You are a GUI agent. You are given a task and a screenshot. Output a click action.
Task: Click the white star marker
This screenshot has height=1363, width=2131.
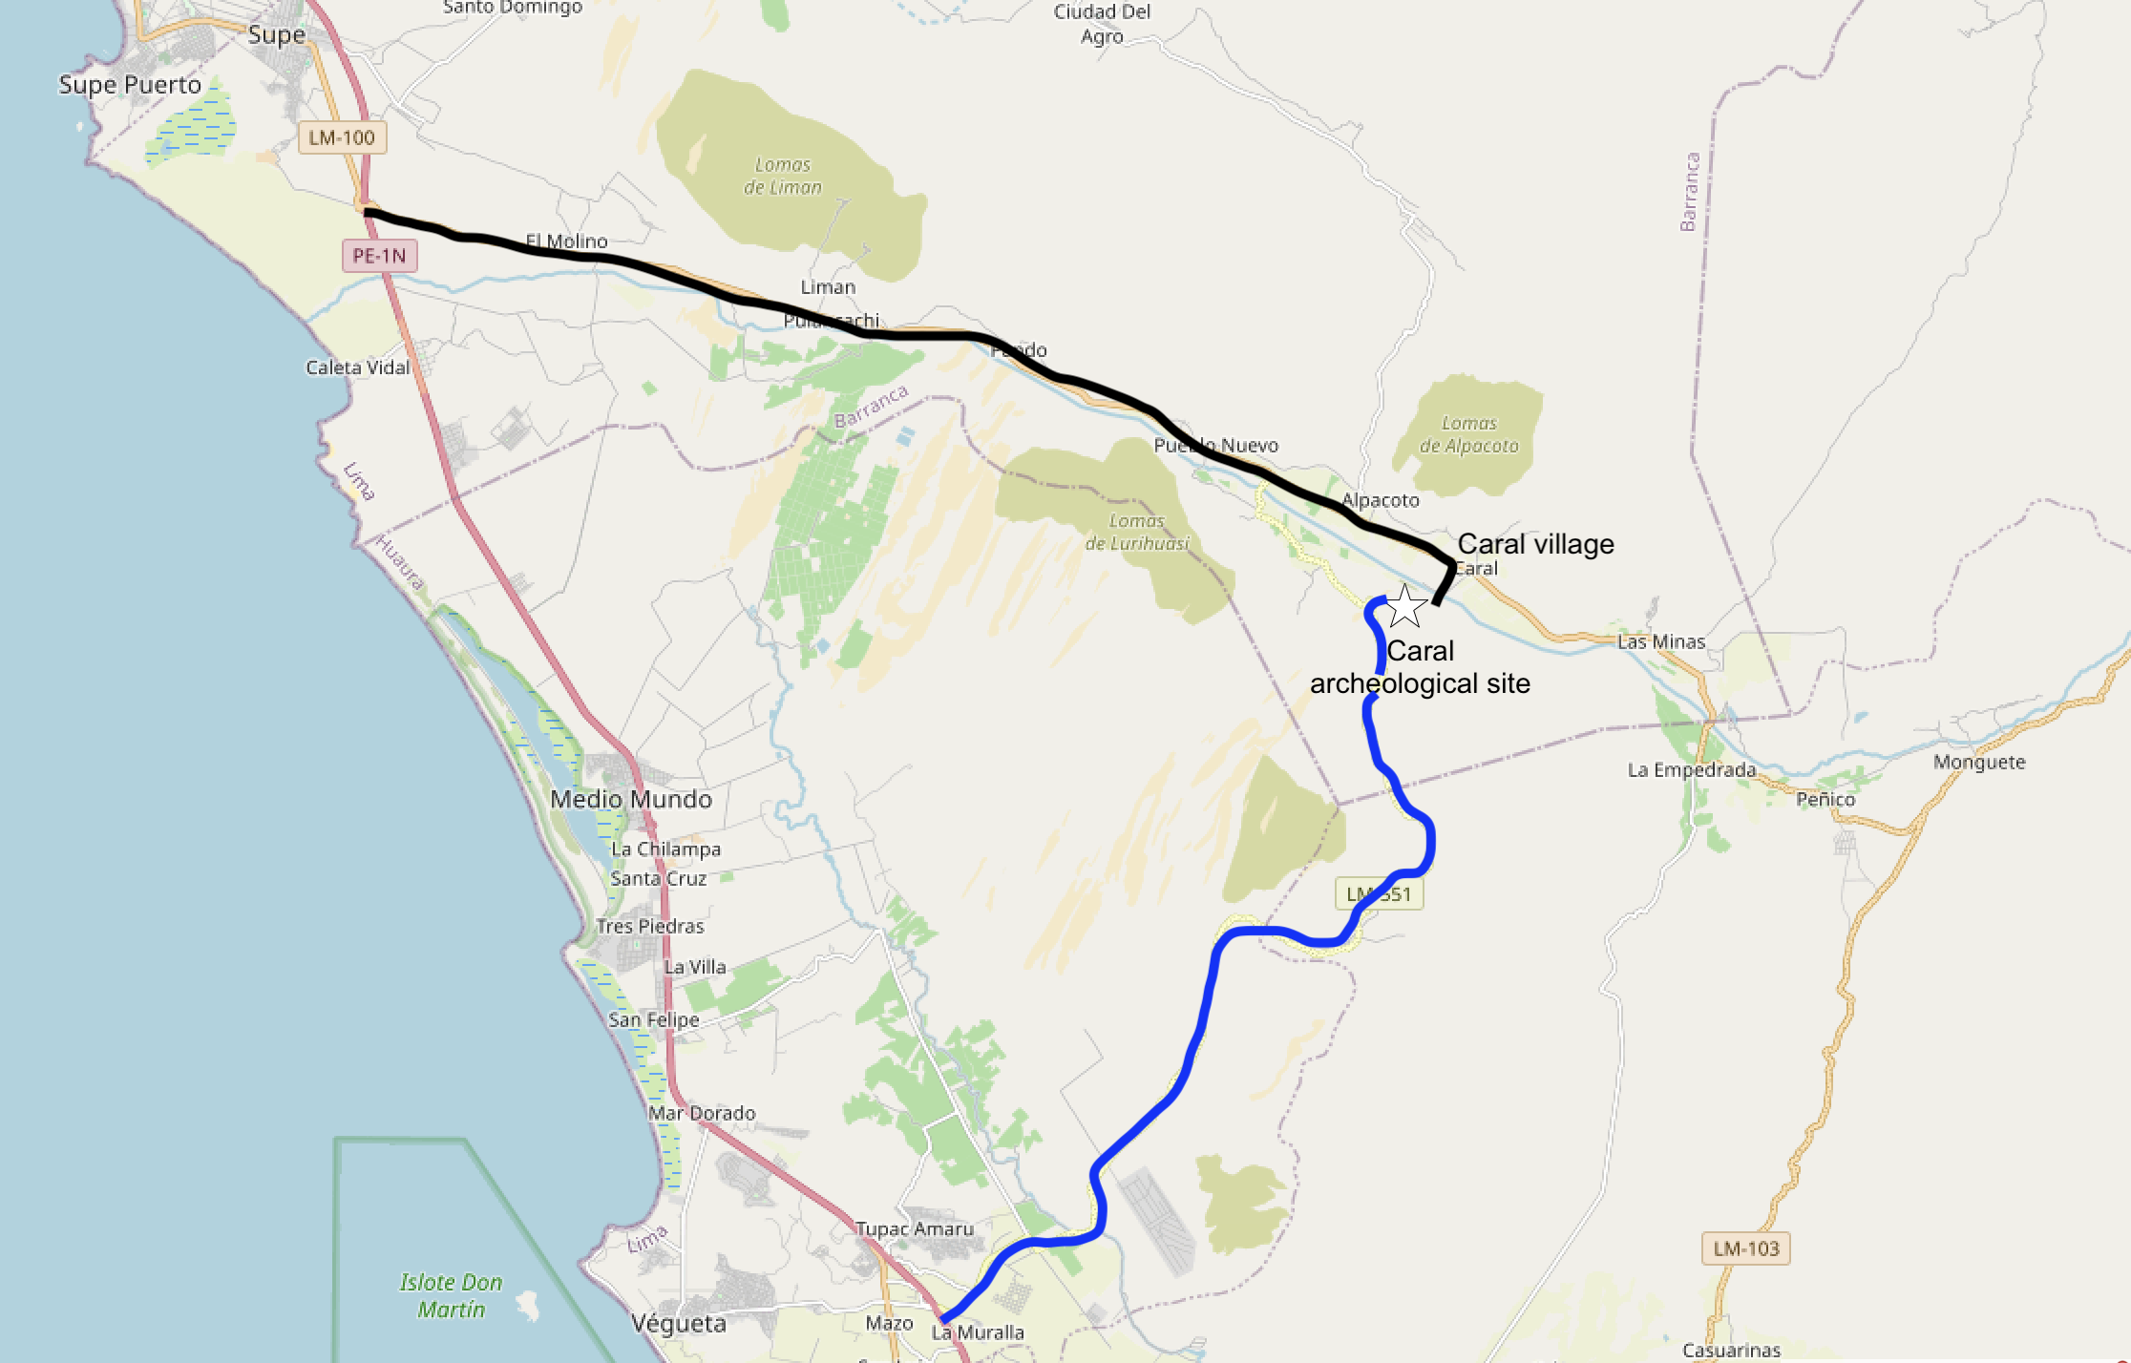[x=1404, y=606]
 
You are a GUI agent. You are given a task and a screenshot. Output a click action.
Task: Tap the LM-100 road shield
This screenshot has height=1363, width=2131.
[x=342, y=137]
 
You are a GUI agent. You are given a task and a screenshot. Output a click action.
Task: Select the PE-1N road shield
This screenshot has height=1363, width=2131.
[x=379, y=256]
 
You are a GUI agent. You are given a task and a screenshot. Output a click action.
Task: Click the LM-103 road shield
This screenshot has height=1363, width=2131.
[x=1745, y=1248]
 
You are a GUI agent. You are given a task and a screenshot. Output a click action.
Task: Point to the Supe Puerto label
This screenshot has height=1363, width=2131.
[x=130, y=85]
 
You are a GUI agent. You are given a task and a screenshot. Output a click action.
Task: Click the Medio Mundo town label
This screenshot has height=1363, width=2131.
[x=631, y=800]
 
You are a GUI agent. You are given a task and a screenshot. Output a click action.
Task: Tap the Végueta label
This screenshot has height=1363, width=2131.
[x=679, y=1324]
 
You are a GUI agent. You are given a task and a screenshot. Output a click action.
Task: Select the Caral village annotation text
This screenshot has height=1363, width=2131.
[x=1535, y=544]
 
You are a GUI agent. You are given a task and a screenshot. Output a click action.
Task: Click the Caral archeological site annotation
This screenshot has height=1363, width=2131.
[x=1420, y=667]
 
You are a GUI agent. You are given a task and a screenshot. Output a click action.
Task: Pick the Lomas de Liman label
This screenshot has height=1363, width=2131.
[x=783, y=177]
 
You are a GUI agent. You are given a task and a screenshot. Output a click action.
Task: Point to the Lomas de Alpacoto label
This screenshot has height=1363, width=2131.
[x=1468, y=434]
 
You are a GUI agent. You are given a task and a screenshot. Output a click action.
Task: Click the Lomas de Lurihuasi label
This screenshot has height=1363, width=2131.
[x=1136, y=533]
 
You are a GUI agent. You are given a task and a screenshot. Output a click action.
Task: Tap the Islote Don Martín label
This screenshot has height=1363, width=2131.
[x=451, y=1295]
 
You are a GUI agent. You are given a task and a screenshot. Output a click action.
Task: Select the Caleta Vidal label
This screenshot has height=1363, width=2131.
[x=357, y=367]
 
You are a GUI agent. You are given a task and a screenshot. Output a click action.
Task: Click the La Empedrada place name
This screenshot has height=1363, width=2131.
[x=1691, y=770]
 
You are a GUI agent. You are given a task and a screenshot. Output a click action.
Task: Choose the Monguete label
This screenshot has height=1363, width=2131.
[x=1979, y=763]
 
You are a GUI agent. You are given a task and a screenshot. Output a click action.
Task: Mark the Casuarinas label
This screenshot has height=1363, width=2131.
[x=1731, y=1351]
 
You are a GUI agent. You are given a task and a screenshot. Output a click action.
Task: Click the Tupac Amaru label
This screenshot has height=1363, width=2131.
[x=914, y=1229]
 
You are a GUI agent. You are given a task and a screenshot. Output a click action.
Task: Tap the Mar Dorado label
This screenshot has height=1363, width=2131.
[x=702, y=1114]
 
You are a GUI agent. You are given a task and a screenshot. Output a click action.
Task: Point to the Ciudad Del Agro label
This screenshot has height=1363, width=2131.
[x=1102, y=24]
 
